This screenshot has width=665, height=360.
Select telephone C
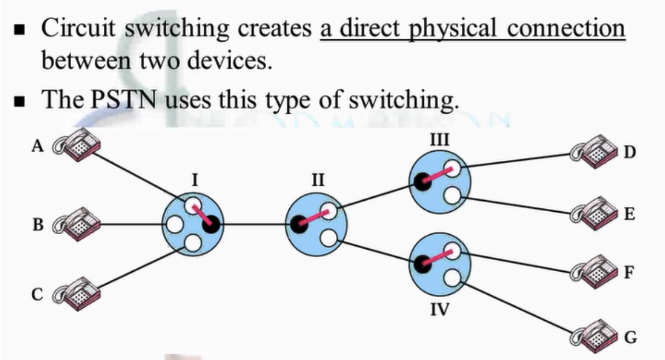pos(77,293)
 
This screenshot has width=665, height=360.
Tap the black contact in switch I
pos(211,224)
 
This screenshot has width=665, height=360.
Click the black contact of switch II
pos(299,224)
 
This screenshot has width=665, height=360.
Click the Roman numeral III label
pos(440,139)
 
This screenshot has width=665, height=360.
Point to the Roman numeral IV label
pos(440,311)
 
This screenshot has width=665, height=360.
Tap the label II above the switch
pos(317,180)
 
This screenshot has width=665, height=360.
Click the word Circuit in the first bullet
pos(79,29)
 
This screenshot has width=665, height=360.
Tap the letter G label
pos(631,337)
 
